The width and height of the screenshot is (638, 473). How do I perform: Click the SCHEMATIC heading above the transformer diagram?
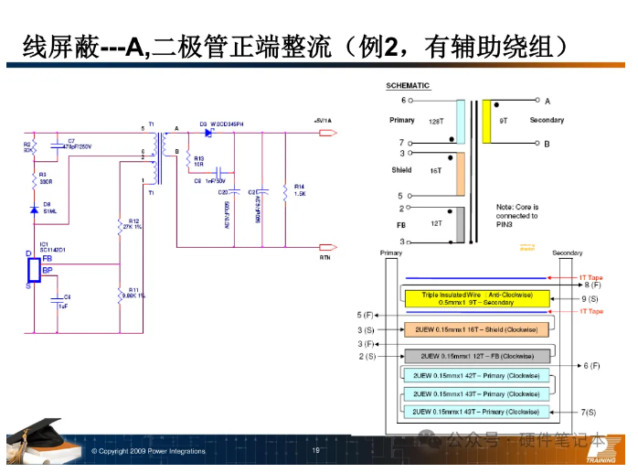point(408,86)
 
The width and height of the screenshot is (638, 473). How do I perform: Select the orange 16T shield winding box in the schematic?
point(460,173)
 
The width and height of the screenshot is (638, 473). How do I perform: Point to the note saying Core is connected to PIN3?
point(516,216)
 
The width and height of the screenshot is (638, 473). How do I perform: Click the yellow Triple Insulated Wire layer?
point(474,298)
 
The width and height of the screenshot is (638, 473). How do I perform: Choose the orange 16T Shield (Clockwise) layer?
point(475,329)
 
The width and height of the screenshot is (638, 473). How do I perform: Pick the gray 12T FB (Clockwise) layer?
point(475,356)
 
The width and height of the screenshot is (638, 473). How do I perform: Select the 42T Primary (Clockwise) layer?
point(475,375)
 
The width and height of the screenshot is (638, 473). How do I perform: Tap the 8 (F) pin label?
point(591,286)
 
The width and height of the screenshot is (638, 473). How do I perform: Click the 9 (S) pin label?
point(590,299)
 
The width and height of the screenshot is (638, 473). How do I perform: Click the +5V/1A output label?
point(323,121)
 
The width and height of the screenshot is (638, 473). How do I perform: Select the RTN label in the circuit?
point(324,258)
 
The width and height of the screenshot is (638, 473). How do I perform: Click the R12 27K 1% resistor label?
point(133,224)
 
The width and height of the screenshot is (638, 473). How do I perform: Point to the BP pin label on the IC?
point(48,270)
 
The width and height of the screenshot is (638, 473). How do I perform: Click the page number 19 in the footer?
point(316,450)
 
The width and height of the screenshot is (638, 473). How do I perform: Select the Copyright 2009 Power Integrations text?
point(148,451)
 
